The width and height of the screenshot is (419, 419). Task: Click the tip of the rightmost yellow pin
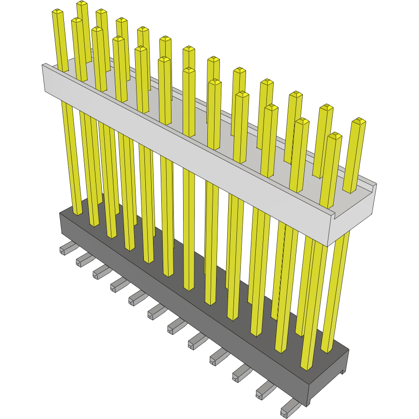click(x=359, y=121)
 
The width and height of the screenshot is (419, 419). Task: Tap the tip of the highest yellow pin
click(x=82, y=4)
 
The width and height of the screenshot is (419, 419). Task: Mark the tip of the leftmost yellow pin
click(x=57, y=12)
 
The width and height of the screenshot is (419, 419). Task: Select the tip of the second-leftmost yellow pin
click(x=77, y=21)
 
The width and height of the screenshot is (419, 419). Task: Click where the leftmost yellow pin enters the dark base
click(x=78, y=212)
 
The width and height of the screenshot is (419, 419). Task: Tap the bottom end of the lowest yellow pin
click(x=306, y=367)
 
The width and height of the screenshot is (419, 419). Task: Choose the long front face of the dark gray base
click(x=184, y=310)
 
